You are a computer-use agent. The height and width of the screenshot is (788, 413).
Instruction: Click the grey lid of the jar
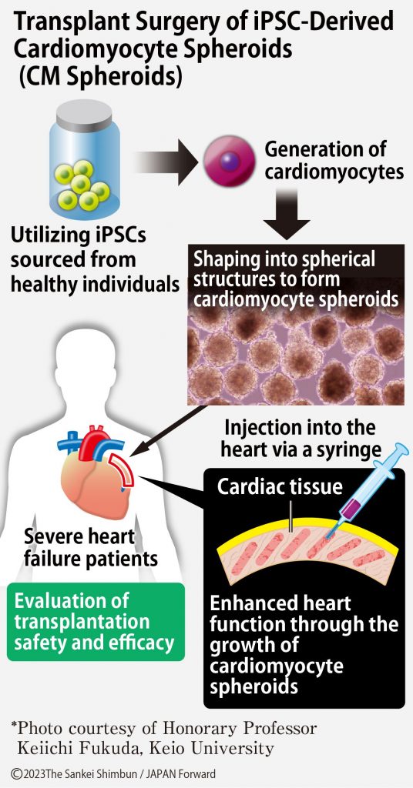84,115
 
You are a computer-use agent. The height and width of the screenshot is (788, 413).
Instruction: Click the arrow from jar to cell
166,162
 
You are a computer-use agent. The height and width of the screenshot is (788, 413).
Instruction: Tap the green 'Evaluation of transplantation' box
96,622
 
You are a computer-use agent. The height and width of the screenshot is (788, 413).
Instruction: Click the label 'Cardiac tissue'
280,486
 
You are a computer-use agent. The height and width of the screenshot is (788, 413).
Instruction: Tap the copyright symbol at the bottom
17,774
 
